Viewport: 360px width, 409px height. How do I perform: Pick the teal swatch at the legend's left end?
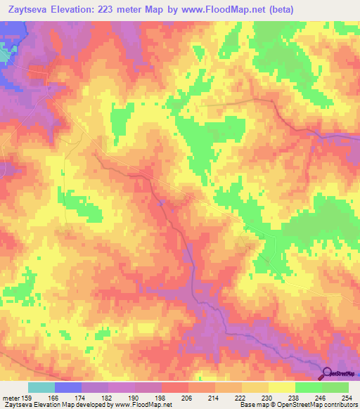coord(41,387)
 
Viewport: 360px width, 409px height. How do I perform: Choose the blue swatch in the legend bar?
coord(68,387)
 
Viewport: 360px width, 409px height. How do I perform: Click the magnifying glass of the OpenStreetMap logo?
coord(327,373)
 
